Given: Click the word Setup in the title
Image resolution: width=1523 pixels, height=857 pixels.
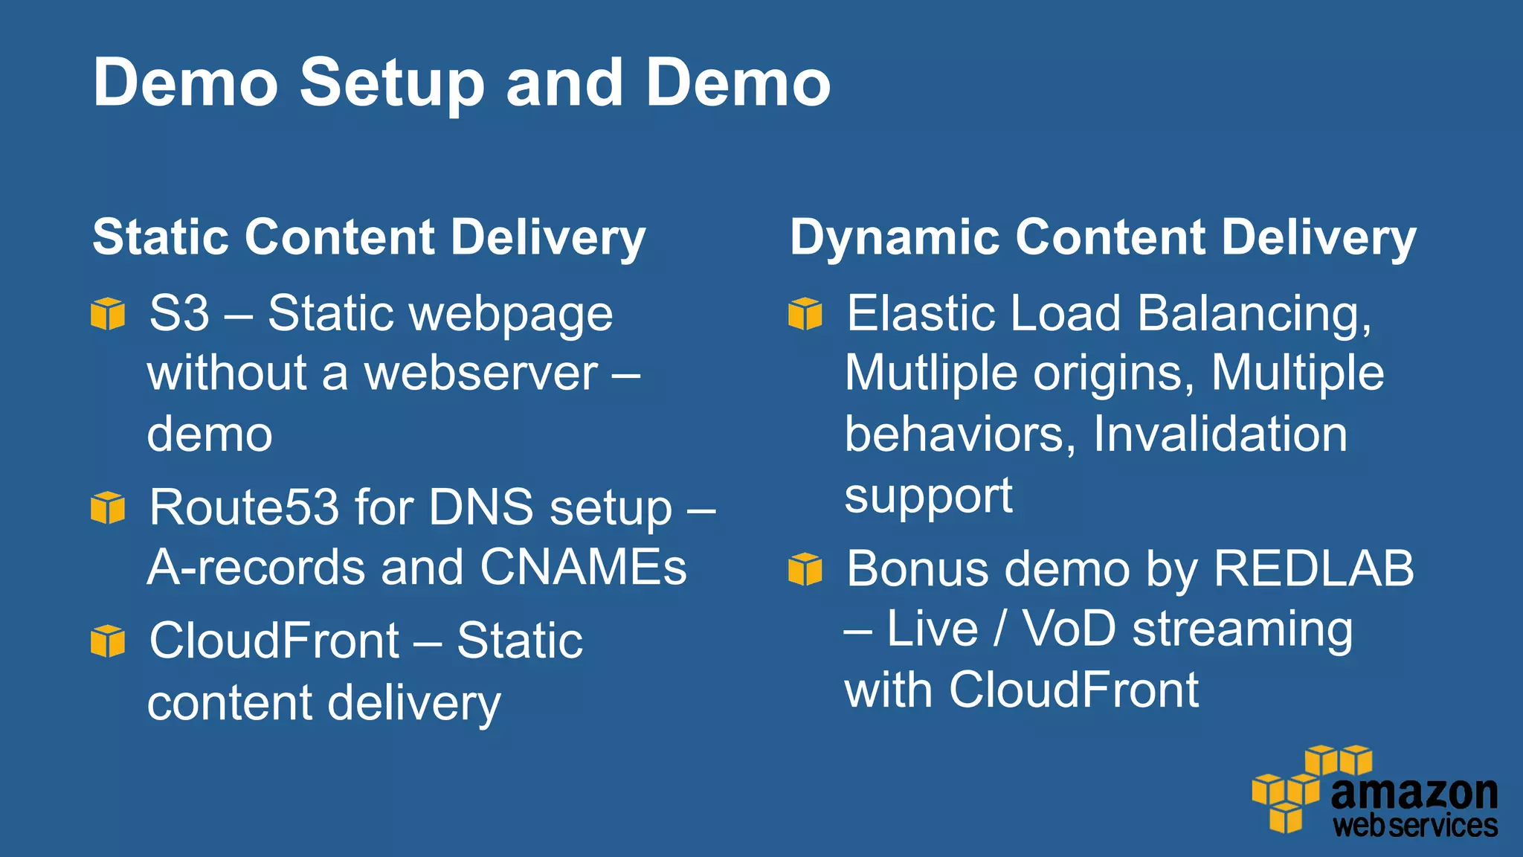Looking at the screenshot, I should pos(392,83).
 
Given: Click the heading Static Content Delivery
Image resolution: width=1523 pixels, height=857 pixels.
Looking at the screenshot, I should pos(369,238).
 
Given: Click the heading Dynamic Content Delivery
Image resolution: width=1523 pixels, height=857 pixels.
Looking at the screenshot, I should pos(1103,238).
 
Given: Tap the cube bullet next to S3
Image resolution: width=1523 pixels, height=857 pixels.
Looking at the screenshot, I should pos(108,313).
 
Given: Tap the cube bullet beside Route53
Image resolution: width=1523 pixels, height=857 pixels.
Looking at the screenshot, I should pos(108,507).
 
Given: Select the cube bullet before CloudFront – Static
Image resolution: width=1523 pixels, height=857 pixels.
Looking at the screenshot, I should pos(108,641).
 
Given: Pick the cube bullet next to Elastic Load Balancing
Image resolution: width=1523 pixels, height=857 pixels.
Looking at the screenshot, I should pos(805,313).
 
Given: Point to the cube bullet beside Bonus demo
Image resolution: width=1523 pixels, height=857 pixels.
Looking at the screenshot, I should pos(805,569).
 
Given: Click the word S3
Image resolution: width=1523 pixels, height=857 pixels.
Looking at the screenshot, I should pos(179,313).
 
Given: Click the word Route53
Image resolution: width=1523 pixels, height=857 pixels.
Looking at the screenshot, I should pos(244,507).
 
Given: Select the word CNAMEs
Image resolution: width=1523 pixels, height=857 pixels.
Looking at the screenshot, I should pos(583,568).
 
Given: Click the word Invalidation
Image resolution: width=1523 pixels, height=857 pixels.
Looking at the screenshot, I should pos(1220,434).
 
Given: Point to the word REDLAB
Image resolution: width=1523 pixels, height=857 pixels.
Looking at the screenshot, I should pos(1313,569).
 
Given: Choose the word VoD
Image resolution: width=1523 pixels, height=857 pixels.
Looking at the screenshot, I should pos(1069,629).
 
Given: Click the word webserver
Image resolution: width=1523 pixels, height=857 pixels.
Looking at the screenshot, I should pos(480,373).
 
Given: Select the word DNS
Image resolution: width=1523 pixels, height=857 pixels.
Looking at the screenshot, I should pos(481,507).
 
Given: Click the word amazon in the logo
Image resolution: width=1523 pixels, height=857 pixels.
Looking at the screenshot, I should pos(1414,793).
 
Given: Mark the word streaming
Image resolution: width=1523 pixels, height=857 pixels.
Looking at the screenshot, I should pos(1242,630).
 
